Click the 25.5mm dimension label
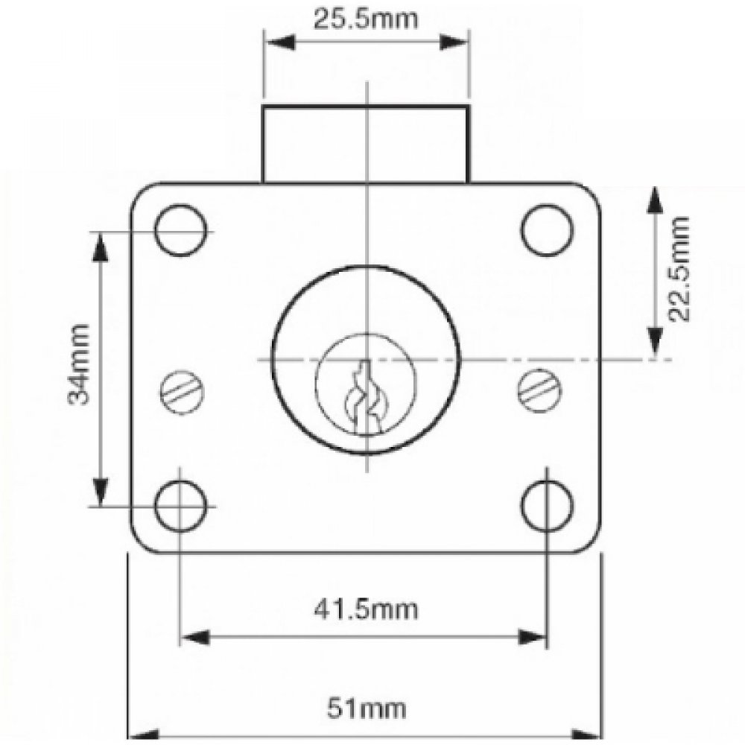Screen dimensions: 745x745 point(365,18)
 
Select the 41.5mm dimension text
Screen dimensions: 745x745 point(365,609)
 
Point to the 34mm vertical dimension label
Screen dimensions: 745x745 point(78,364)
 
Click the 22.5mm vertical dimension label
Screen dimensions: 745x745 point(679,268)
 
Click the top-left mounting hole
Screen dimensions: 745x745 point(181,232)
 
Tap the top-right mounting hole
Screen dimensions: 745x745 point(547,231)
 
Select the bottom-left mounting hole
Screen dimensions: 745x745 point(181,506)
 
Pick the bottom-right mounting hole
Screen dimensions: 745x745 point(547,506)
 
